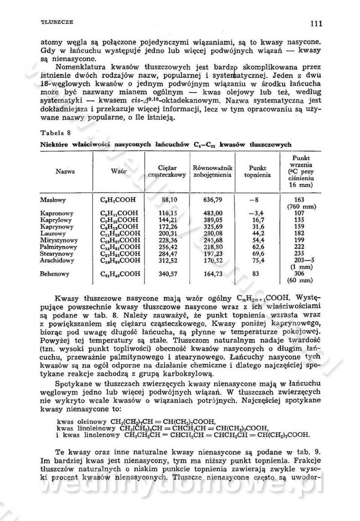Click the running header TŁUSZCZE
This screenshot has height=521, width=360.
pyautogui.click(x=57, y=22)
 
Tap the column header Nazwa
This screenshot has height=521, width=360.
pyautogui.click(x=65, y=171)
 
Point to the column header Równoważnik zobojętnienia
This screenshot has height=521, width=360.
pyautogui.click(x=212, y=171)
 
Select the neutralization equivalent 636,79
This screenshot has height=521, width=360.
pyautogui.click(x=213, y=199)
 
